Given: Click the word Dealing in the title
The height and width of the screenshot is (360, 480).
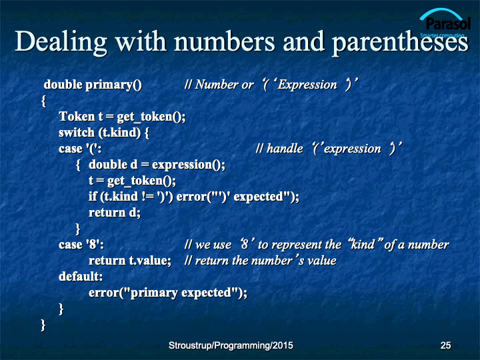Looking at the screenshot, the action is point(61,43).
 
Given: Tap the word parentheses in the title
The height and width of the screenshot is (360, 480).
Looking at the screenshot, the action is point(400,43).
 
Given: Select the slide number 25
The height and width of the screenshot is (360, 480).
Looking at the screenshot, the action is point(445,345).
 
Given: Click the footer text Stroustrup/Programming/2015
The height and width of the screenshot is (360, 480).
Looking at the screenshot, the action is point(231,345).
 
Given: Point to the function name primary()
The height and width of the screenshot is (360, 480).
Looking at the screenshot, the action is point(113,85).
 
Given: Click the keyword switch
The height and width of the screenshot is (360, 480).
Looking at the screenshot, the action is point(77,132).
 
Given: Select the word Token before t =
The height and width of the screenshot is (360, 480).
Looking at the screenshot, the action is point(77,116).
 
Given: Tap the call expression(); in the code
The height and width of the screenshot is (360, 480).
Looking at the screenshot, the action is point(189,165).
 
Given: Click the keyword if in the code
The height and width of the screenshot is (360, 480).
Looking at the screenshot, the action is point(93,196).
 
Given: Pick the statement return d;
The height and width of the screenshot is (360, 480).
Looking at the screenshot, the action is point(115,213).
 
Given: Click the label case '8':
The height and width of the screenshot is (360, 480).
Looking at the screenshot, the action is point(81,245).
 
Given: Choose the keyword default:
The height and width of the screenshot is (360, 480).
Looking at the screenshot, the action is point(81,277).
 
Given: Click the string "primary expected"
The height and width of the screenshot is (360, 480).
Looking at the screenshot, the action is point(181,293).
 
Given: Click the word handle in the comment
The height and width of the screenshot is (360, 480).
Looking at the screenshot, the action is point(285,149).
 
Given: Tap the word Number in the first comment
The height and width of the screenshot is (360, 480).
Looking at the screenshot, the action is point(217,85).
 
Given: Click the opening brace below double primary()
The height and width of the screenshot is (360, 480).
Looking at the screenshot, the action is point(43,101).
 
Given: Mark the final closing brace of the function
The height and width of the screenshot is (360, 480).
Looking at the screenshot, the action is point(43,325).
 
